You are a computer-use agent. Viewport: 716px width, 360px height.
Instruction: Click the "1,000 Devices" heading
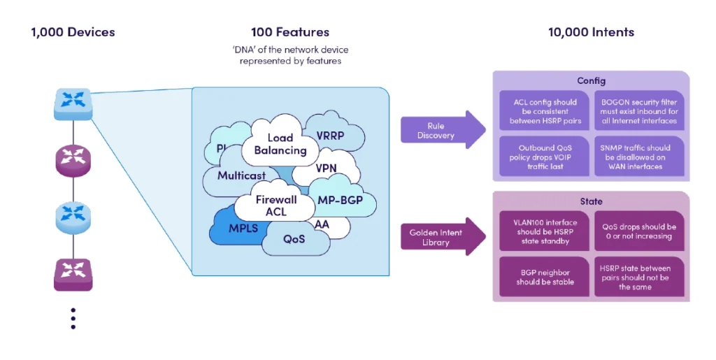(73, 32)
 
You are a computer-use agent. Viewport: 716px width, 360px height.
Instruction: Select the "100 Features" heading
(289, 32)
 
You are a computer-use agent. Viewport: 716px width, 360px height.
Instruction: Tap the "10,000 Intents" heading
(591, 32)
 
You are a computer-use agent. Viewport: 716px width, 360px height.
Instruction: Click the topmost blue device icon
(73, 103)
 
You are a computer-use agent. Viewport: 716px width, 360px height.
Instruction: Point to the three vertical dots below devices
(73, 318)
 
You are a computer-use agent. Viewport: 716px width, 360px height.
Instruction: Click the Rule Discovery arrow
(441, 131)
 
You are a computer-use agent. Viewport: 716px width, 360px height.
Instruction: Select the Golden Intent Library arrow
(441, 236)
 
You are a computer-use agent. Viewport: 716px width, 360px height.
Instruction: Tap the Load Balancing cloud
(280, 144)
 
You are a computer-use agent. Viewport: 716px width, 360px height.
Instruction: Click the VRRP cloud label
(330, 136)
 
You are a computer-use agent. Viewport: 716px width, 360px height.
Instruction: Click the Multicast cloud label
(241, 175)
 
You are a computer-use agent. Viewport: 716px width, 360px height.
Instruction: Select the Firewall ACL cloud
(275, 206)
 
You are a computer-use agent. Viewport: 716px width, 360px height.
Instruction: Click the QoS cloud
(294, 239)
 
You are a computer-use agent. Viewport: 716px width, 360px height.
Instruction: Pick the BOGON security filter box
(639, 111)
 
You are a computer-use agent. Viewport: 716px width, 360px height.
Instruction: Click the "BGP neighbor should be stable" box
(545, 277)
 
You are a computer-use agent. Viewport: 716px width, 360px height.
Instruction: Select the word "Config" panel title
(591, 81)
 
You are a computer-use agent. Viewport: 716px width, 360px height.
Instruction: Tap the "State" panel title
(591, 201)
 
